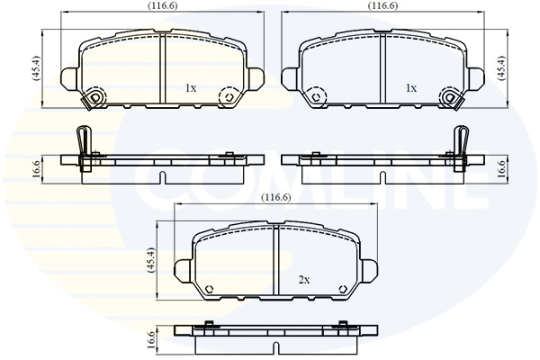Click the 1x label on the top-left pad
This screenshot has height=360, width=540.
click(190, 88)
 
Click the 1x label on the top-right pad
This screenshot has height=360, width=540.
click(410, 88)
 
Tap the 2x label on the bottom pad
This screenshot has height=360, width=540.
click(303, 281)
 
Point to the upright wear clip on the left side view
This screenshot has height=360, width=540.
click(83, 142)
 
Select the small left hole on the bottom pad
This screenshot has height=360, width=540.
click(210, 290)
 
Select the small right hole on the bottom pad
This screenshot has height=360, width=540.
click(342, 290)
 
